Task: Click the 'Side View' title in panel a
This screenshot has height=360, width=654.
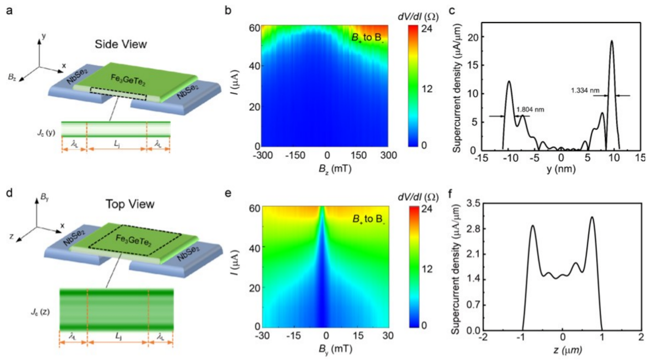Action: [120, 44]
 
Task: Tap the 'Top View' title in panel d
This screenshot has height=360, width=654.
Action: [130, 204]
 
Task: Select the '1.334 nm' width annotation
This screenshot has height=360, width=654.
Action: [585, 90]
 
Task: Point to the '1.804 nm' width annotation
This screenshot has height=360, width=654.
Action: [530, 110]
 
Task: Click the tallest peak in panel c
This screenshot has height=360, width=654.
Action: [612, 41]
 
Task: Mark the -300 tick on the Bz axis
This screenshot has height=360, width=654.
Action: [263, 156]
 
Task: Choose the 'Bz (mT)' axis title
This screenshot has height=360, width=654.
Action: [334, 168]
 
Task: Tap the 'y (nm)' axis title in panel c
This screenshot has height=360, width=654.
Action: [561, 169]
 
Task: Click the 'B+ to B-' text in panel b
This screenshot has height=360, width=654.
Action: [367, 38]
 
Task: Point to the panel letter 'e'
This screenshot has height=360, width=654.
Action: [228, 193]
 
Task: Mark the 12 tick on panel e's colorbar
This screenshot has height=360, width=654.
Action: [427, 269]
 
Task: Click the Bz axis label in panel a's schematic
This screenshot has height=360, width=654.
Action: [12, 77]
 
